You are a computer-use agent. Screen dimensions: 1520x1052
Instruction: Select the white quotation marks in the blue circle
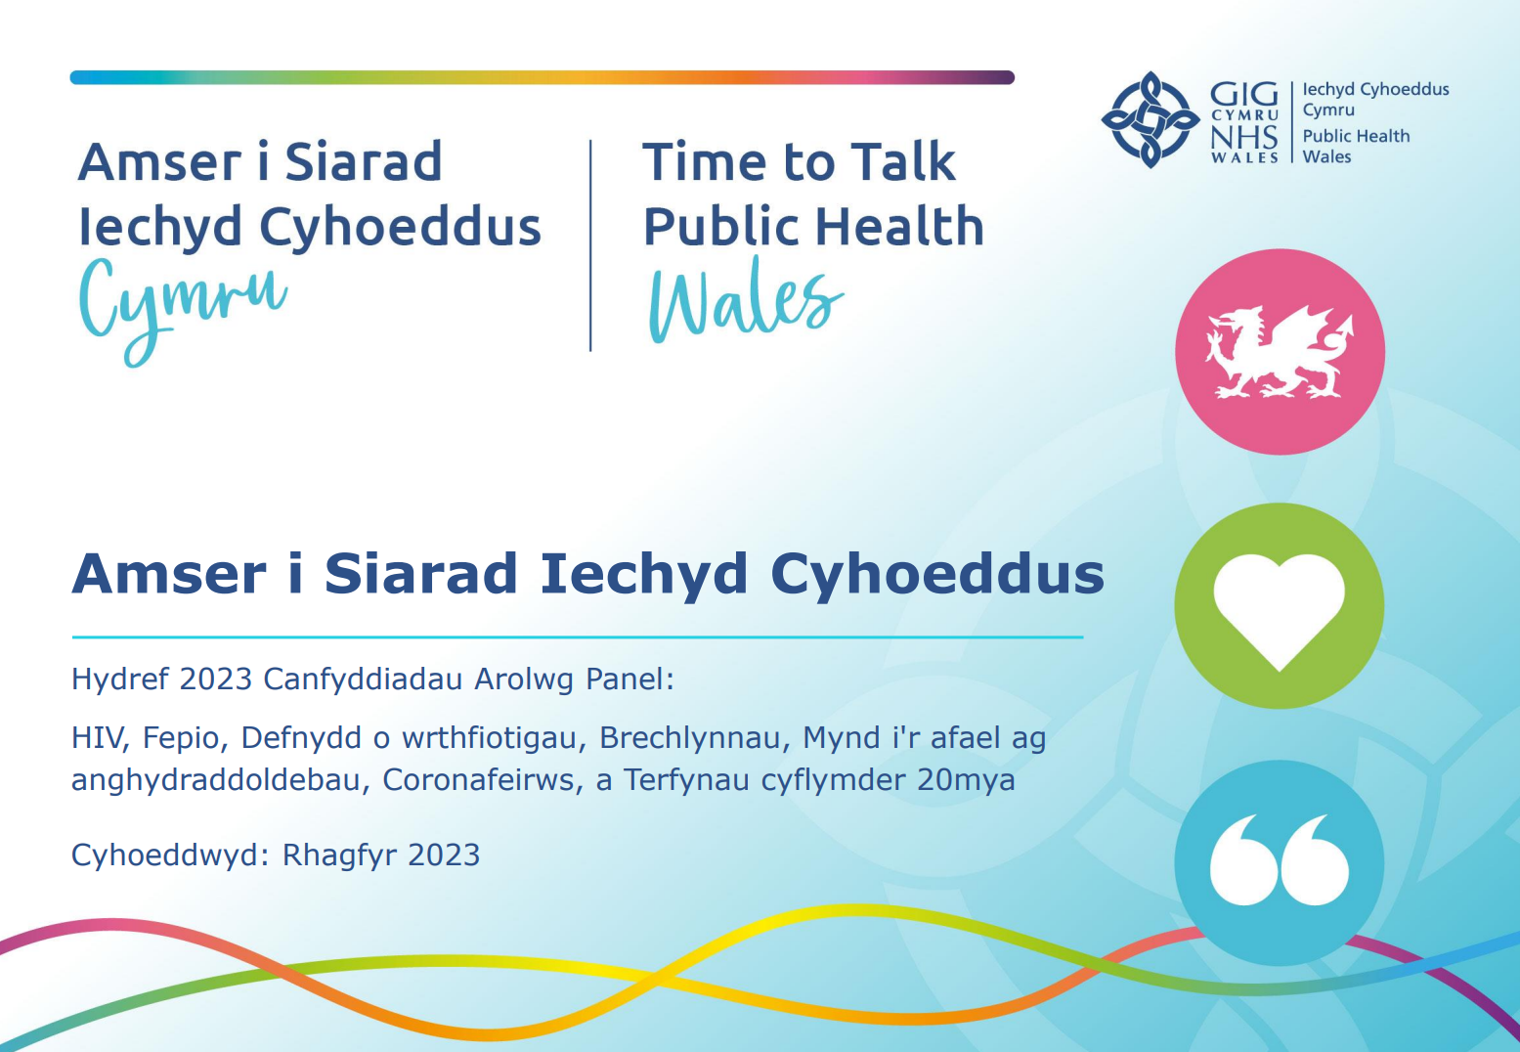click(1280, 859)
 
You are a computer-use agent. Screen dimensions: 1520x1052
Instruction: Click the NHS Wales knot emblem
click(1151, 119)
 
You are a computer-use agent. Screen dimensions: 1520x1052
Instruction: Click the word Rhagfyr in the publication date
click(339, 855)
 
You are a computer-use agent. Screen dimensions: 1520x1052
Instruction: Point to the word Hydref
click(120, 679)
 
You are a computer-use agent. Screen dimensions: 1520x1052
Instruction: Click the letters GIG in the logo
click(1243, 94)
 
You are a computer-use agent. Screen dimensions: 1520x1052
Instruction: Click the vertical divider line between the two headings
click(590, 245)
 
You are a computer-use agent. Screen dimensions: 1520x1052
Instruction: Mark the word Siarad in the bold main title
click(420, 574)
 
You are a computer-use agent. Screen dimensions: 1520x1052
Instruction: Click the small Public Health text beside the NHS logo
click(1356, 136)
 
